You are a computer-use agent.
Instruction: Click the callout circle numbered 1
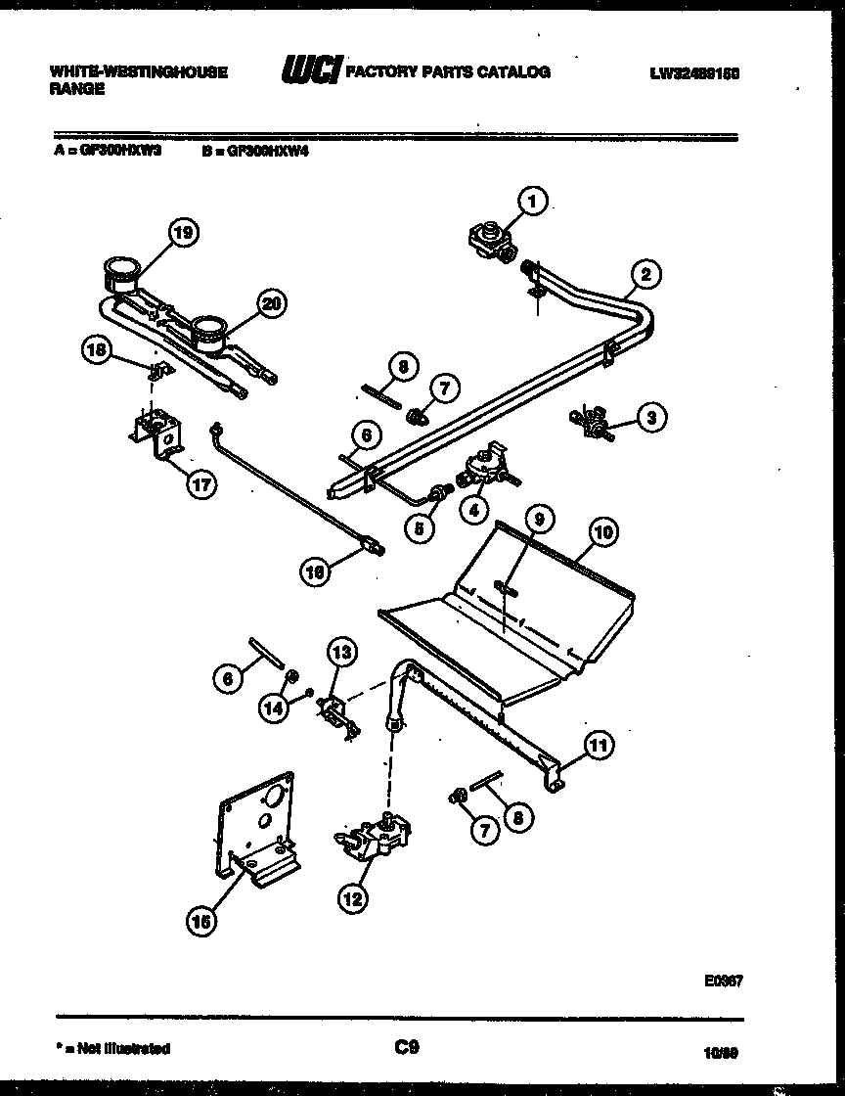532,203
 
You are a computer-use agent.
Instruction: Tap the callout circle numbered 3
650,419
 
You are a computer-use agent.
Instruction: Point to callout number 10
603,532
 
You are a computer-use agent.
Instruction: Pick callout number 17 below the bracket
200,484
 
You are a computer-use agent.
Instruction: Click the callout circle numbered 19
182,232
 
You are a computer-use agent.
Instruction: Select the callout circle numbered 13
341,651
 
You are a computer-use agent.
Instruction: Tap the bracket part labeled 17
158,436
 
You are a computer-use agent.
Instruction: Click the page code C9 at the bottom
408,1048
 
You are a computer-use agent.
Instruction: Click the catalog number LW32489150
707,72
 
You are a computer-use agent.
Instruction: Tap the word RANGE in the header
75,88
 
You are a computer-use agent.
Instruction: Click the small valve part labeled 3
589,422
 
